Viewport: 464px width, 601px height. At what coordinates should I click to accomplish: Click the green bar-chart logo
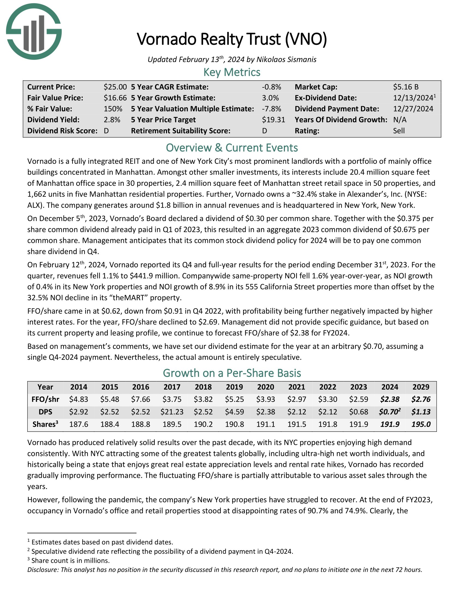(x=34, y=32)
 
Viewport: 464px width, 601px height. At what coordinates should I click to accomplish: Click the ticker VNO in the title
(x=306, y=39)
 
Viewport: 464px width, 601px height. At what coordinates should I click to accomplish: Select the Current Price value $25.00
(x=115, y=87)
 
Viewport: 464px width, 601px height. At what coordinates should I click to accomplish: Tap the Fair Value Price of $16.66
(x=115, y=98)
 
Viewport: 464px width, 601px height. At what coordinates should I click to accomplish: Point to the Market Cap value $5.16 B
(x=406, y=87)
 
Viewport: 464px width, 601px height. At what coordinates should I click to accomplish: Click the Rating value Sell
(x=399, y=131)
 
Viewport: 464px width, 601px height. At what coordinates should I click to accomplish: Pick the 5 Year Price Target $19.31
(x=273, y=120)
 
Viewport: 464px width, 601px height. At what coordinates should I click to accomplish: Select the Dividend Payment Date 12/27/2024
(x=413, y=109)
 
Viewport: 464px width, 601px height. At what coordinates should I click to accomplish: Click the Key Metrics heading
(x=232, y=72)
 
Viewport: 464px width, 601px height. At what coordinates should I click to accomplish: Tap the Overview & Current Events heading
(x=232, y=148)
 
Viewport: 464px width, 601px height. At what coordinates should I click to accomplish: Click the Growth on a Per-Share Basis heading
(x=232, y=373)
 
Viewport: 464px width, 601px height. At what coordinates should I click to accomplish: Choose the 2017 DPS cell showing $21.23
(x=172, y=412)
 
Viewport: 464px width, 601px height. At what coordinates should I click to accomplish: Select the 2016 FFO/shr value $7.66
(x=141, y=399)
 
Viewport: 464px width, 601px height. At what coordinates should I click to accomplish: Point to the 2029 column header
(x=421, y=387)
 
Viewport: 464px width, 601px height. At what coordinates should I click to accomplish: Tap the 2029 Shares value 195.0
(x=421, y=424)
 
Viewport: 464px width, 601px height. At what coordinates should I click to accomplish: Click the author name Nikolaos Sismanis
(x=286, y=60)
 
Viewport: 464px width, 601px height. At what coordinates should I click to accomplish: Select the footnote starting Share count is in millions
(x=70, y=561)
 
